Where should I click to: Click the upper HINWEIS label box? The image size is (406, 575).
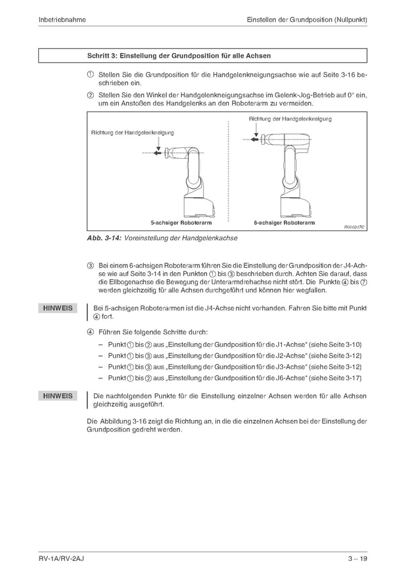click(58, 309)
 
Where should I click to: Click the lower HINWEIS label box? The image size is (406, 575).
click(58, 396)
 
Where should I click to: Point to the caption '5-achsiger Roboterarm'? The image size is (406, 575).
click(181, 223)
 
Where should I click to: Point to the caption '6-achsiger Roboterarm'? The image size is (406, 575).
click(284, 223)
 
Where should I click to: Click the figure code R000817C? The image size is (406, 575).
click(354, 227)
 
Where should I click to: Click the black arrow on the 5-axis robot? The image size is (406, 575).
click(158, 146)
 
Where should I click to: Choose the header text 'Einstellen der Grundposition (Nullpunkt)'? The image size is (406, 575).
click(306, 20)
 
